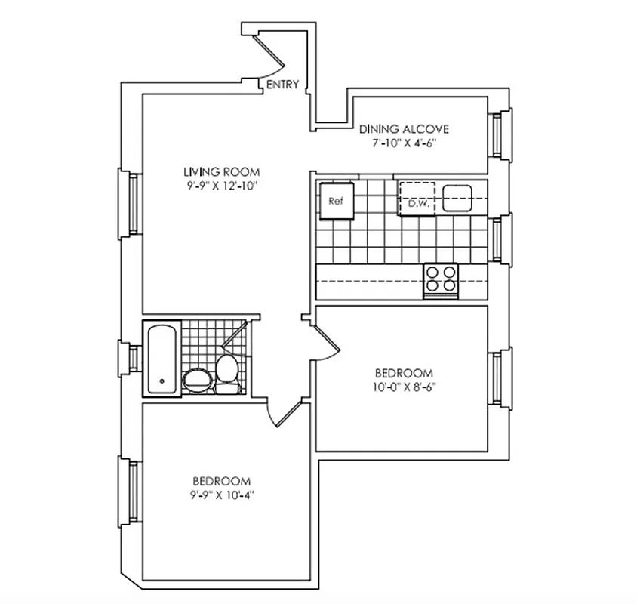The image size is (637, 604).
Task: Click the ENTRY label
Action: click(x=283, y=85)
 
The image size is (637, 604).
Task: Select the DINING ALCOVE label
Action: click(x=405, y=128)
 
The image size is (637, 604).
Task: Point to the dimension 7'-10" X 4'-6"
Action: click(x=405, y=143)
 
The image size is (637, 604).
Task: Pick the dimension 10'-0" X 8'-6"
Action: click(x=405, y=387)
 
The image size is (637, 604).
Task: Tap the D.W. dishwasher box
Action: click(x=417, y=199)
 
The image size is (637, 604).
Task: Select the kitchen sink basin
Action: click(x=457, y=199)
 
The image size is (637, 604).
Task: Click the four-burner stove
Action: click(x=442, y=279)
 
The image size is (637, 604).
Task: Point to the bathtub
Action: click(x=162, y=358)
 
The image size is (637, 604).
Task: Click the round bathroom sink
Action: click(x=198, y=380)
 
